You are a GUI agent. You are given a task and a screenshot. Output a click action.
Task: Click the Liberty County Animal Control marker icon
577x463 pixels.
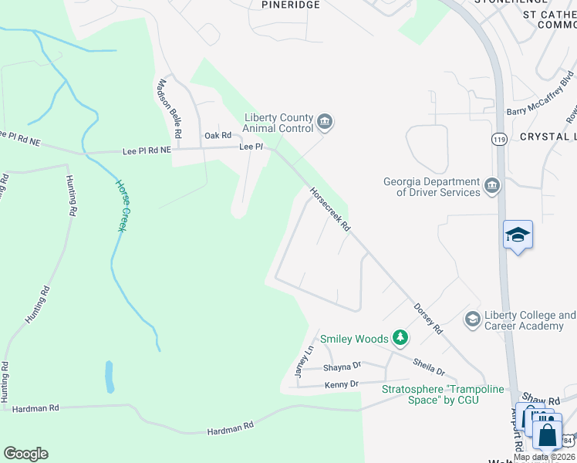[325, 122]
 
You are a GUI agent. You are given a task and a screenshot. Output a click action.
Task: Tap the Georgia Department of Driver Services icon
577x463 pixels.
[492, 185]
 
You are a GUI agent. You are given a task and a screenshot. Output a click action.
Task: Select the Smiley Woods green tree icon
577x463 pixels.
[400, 338]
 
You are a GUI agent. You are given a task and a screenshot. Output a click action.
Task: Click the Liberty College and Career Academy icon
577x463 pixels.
[472, 319]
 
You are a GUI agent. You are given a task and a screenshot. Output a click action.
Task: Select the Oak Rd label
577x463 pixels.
[218, 135]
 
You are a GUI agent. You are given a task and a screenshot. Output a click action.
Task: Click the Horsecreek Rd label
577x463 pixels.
[330, 209]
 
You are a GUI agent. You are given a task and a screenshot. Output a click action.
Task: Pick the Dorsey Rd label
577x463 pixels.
[428, 317]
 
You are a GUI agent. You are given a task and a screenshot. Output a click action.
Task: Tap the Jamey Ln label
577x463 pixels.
[305, 360]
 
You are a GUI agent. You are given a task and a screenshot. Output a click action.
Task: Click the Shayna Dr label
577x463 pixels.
[342, 366]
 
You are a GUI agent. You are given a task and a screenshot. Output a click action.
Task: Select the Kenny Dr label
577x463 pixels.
[342, 384]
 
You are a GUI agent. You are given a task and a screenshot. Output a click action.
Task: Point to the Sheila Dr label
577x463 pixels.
[429, 366]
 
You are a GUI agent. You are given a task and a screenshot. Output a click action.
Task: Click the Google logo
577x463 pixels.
[25, 454]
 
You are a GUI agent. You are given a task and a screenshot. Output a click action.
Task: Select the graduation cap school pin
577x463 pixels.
[518, 235]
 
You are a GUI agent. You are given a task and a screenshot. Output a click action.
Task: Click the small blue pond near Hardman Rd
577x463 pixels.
[110, 377]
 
